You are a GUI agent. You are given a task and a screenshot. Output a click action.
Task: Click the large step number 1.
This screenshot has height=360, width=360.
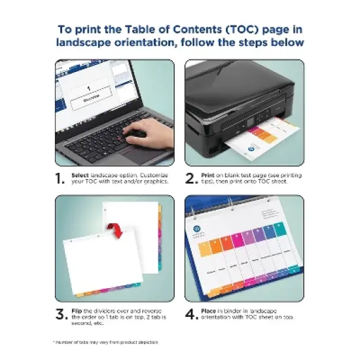[x=60, y=178]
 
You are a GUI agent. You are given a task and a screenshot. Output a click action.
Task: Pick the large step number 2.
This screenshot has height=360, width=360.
[x=191, y=178]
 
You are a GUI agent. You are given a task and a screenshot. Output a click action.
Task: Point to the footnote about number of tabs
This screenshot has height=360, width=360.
[x=105, y=342]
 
